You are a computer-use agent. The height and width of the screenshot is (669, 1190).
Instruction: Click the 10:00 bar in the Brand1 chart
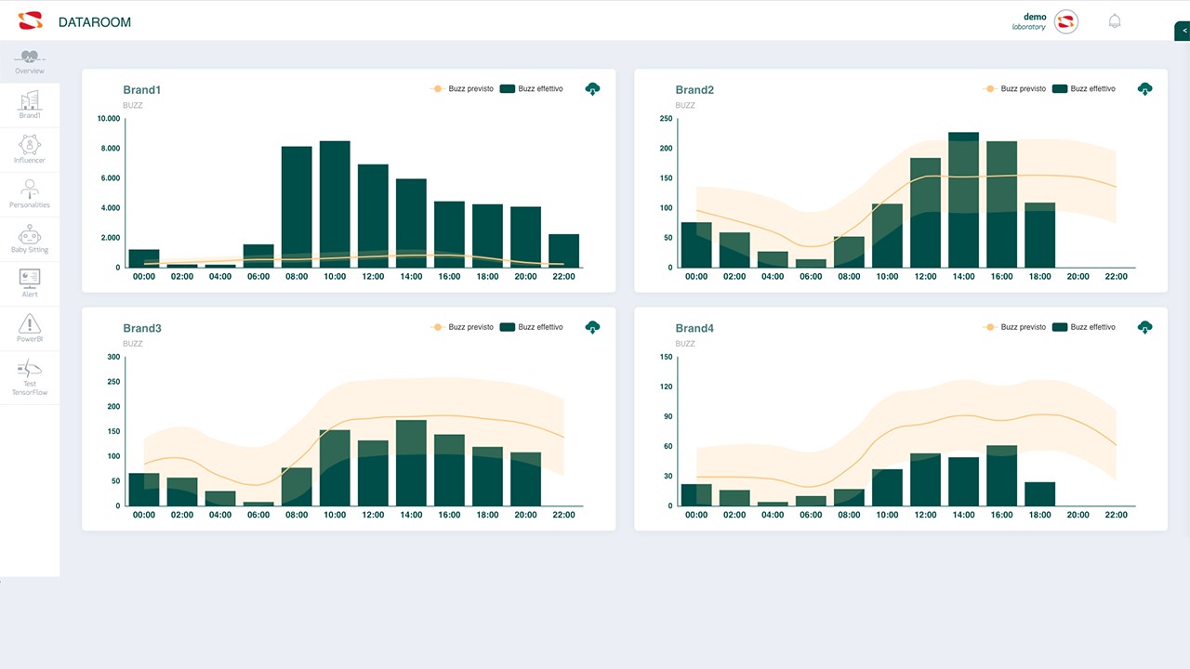(x=335, y=204)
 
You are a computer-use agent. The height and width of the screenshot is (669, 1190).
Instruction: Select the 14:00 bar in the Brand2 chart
(x=963, y=200)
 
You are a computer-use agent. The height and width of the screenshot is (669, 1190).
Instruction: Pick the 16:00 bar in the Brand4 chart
(x=1001, y=476)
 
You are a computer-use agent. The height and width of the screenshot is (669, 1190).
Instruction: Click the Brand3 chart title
(x=142, y=328)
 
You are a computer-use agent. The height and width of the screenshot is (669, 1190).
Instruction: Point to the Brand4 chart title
(x=694, y=328)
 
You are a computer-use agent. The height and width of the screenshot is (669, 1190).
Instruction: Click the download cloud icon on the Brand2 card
(x=1145, y=89)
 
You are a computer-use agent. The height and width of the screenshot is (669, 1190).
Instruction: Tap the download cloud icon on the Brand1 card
(x=593, y=89)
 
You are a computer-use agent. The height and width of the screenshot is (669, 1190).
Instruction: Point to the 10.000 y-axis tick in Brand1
(x=109, y=119)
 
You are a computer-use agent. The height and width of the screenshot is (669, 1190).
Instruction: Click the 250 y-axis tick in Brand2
(x=666, y=119)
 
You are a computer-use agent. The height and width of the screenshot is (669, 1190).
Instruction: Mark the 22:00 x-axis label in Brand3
(x=563, y=515)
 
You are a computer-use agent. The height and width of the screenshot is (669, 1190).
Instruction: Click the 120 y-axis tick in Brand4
(x=666, y=387)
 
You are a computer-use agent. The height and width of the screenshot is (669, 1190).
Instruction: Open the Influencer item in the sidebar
(x=30, y=150)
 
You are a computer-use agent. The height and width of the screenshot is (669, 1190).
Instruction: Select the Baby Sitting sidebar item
(x=30, y=239)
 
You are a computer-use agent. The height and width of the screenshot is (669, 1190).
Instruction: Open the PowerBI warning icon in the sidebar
(x=30, y=324)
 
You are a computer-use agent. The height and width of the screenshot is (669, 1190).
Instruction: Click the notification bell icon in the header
(x=1115, y=21)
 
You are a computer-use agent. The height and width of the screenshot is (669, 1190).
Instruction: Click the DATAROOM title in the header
(x=94, y=22)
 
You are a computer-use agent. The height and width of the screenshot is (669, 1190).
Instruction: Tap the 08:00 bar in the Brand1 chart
(x=297, y=207)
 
